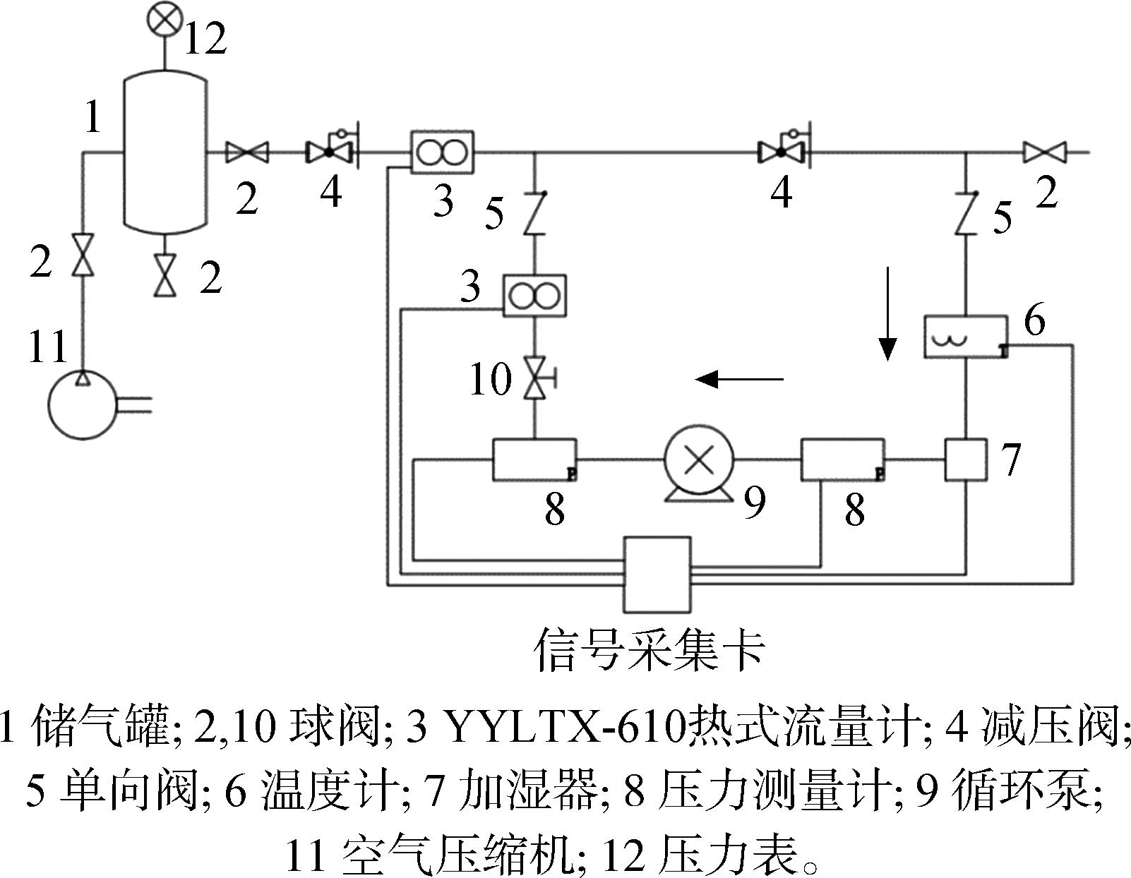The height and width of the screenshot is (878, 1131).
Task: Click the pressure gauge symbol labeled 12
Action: (x=164, y=19)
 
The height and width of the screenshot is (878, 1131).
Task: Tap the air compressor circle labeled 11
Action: (x=82, y=404)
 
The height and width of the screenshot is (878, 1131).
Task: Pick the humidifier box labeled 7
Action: (x=966, y=459)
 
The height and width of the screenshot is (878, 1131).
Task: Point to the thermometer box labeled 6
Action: (x=966, y=337)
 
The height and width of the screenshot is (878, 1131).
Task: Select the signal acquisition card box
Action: (x=658, y=575)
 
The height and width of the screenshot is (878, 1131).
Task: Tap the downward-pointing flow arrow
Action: (x=888, y=313)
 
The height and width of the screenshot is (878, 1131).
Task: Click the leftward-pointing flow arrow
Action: (x=739, y=380)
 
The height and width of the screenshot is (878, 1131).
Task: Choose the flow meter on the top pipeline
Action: (x=442, y=152)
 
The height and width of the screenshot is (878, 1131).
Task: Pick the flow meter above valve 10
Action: (x=534, y=296)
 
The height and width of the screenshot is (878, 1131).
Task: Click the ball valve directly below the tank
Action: (x=165, y=276)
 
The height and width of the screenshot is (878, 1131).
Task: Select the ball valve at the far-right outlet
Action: (x=1045, y=152)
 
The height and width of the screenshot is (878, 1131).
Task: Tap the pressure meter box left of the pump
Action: (x=534, y=459)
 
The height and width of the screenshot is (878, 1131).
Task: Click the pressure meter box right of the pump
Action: (x=843, y=459)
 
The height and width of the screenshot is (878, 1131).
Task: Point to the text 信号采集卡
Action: (x=650, y=651)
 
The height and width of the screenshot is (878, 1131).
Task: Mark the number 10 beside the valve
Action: (x=491, y=379)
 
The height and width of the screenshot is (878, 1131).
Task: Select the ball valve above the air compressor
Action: (x=82, y=255)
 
